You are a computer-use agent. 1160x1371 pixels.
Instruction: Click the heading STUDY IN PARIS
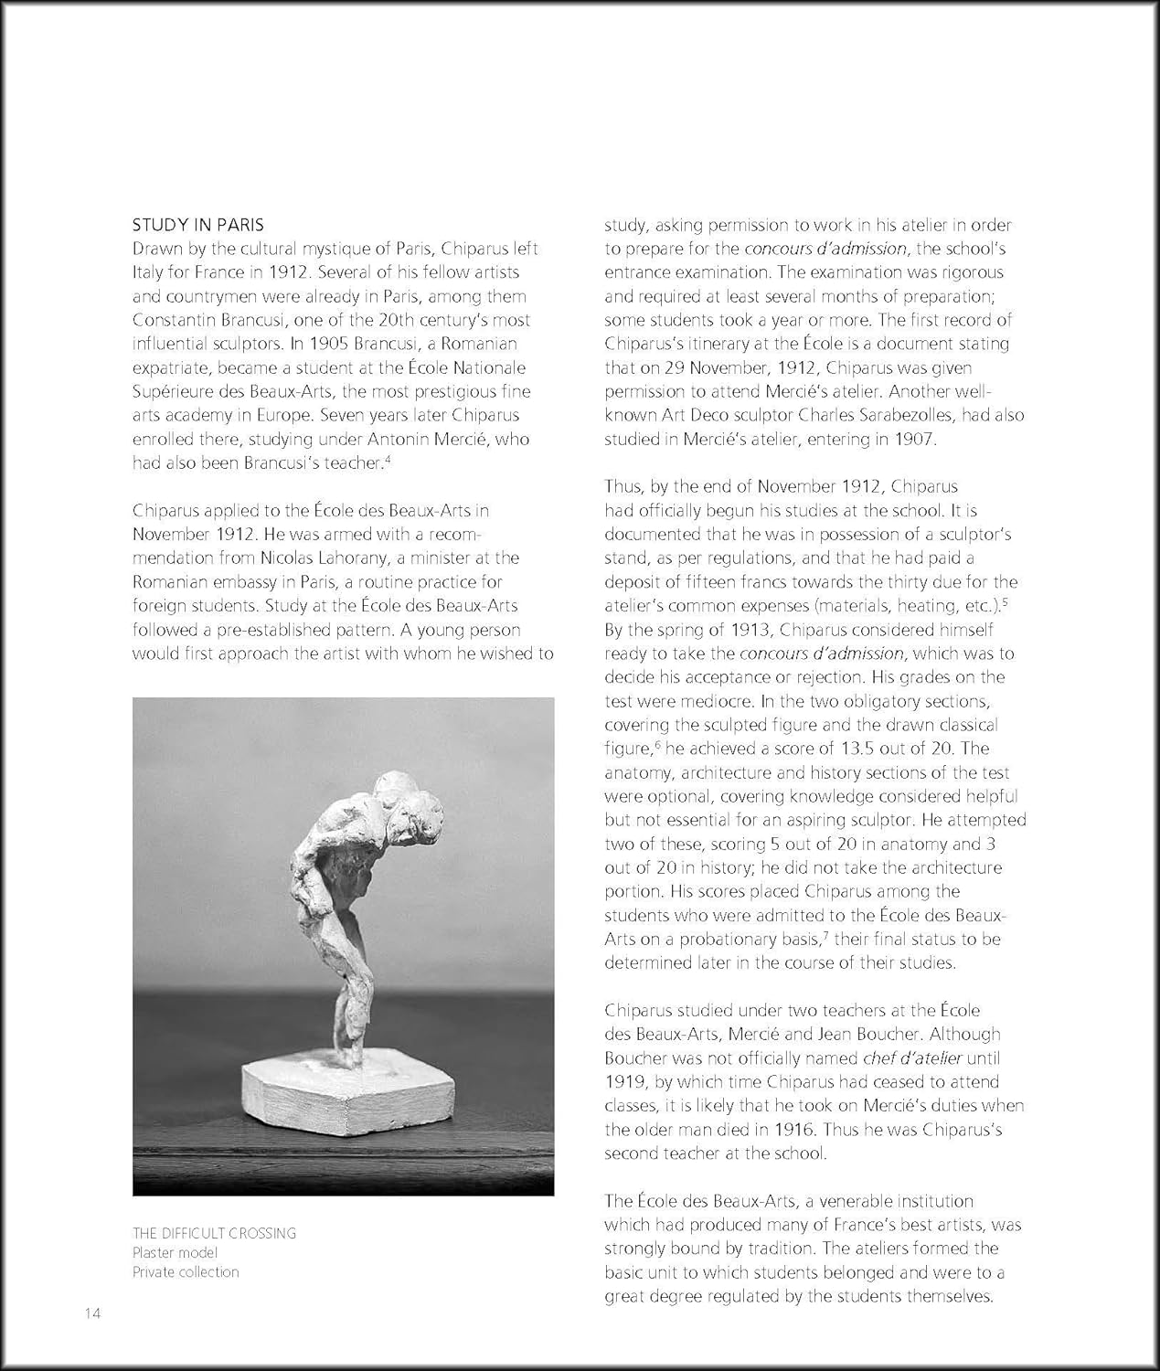click(x=198, y=225)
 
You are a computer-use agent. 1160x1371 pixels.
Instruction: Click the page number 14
click(x=91, y=1313)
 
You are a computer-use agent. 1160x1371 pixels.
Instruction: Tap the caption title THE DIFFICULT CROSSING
click(x=214, y=1233)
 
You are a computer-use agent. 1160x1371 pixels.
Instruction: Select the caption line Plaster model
click(x=176, y=1252)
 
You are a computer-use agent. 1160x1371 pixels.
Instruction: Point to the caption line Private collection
click(x=186, y=1271)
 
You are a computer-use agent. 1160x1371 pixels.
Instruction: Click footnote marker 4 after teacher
click(x=388, y=459)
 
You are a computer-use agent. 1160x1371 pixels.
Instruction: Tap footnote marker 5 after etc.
click(x=1005, y=601)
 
